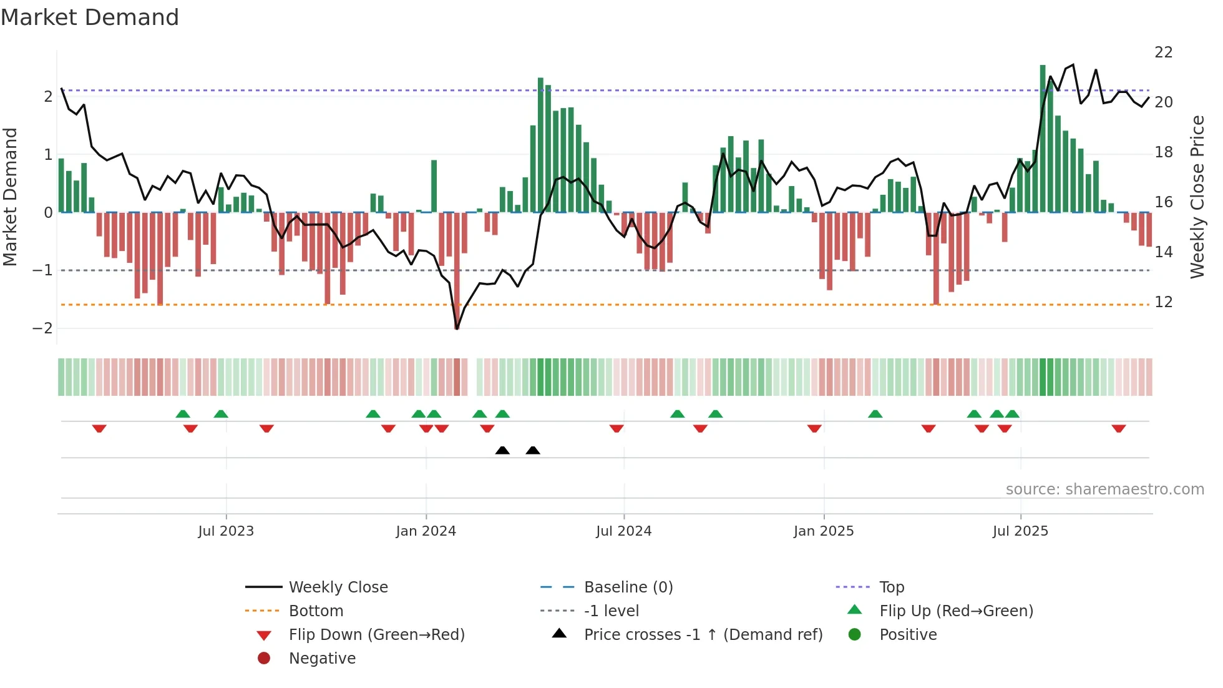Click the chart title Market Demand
pyautogui.click(x=90, y=17)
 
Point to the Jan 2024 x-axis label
pyautogui.click(x=426, y=531)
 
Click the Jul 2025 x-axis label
pyautogui.click(x=1020, y=531)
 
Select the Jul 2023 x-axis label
pyautogui.click(x=226, y=531)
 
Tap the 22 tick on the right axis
pyautogui.click(x=1163, y=52)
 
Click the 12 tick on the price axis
pyautogui.click(x=1163, y=302)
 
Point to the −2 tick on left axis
pyautogui.click(x=42, y=328)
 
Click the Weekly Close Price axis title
pyautogui.click(x=1197, y=197)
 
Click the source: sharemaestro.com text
pyautogui.click(x=1104, y=489)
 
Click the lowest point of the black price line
pyautogui.click(x=457, y=328)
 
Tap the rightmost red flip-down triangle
pyautogui.click(x=1118, y=429)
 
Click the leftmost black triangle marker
pyautogui.click(x=502, y=450)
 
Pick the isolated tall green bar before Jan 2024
pyautogui.click(x=434, y=186)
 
